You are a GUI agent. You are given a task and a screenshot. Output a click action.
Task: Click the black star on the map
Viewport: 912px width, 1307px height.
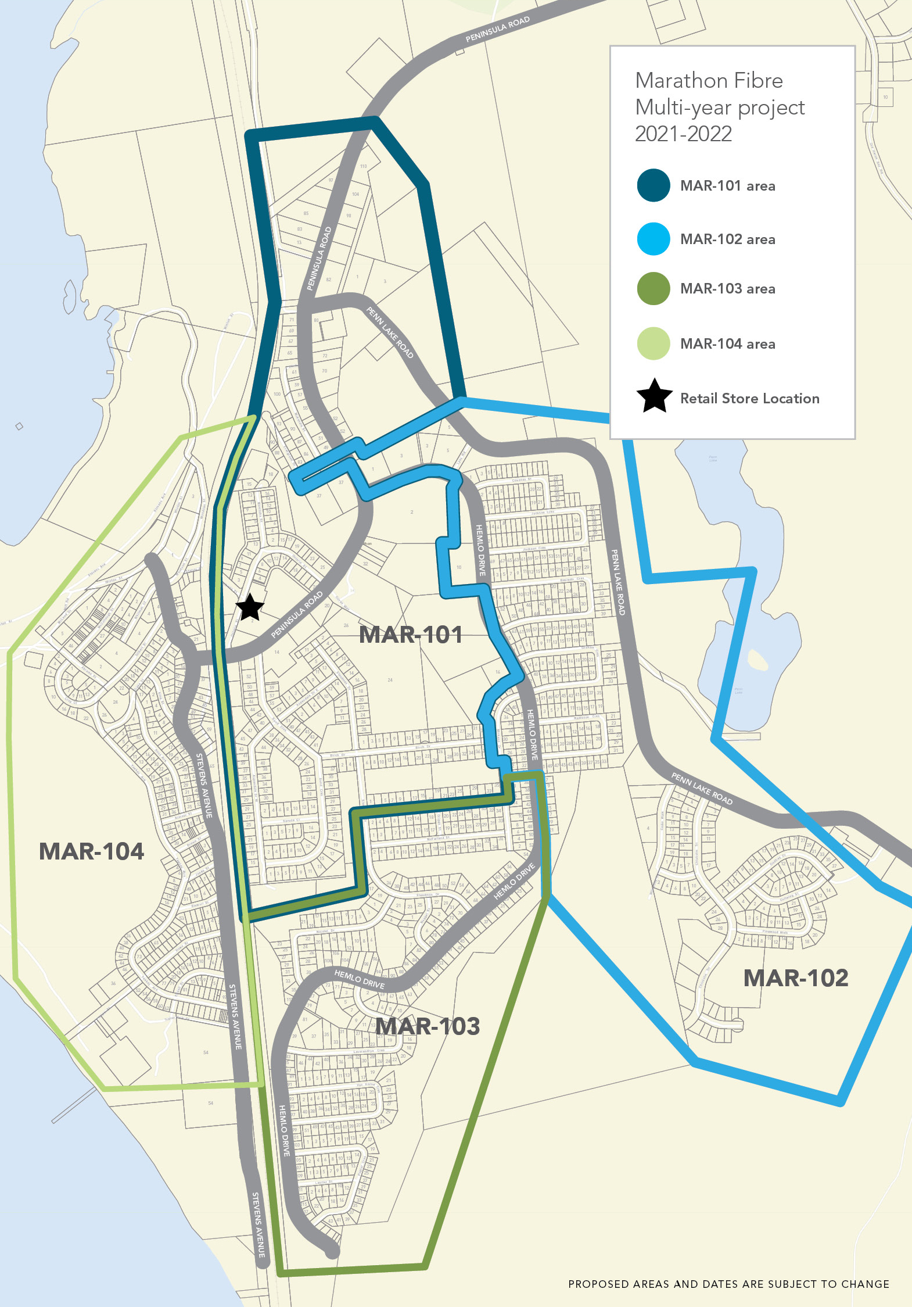pyautogui.click(x=250, y=607)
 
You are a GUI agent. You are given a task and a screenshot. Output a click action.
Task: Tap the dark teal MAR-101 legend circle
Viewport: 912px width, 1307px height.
pyautogui.click(x=654, y=185)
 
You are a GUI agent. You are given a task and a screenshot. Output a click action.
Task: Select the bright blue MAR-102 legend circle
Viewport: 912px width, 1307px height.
pyautogui.click(x=654, y=239)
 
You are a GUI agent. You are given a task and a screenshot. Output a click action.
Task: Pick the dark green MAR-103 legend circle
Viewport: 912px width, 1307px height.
pyautogui.click(x=654, y=288)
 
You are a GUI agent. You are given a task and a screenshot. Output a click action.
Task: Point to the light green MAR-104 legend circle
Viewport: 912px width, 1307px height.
pyautogui.click(x=654, y=343)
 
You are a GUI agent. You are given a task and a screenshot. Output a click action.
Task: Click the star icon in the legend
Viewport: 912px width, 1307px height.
pyautogui.click(x=654, y=397)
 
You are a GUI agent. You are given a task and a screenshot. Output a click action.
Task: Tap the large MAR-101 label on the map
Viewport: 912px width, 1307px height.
pyautogui.click(x=411, y=635)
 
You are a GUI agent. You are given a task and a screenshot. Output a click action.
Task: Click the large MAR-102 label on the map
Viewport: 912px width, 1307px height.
pyautogui.click(x=795, y=978)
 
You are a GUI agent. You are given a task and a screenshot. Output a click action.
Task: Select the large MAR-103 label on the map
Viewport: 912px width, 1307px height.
pyautogui.click(x=428, y=1026)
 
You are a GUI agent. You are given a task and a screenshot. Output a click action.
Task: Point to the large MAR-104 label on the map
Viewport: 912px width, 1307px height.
pyautogui.click(x=91, y=851)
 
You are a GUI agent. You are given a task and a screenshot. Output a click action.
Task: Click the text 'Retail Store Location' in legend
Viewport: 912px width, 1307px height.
pyautogui.click(x=749, y=399)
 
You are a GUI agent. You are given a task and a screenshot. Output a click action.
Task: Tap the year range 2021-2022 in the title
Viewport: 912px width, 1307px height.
pyautogui.click(x=683, y=134)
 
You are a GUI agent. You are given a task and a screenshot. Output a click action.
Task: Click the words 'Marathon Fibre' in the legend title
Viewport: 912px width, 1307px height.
pyautogui.click(x=709, y=81)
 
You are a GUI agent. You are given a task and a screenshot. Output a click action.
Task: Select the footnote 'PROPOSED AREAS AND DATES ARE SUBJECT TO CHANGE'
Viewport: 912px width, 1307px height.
pyautogui.click(x=728, y=1284)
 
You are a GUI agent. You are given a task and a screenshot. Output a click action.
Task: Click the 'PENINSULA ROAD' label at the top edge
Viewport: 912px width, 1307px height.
pyautogui.click(x=498, y=29)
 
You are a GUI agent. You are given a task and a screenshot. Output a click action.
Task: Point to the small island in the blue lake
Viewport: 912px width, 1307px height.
pyautogui.click(x=757, y=660)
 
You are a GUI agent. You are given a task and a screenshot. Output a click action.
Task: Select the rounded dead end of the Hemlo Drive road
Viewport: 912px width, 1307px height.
pyautogui.click(x=332, y=1251)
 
